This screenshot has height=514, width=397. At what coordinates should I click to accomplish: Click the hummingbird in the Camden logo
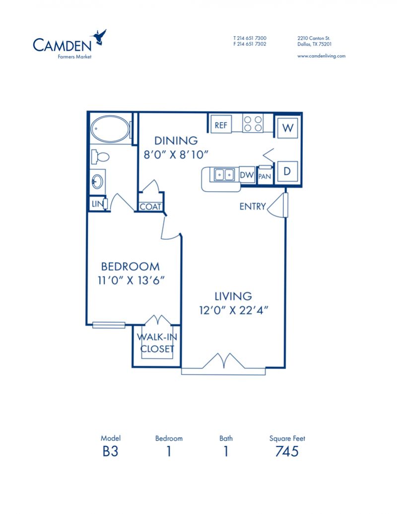(x=99, y=37)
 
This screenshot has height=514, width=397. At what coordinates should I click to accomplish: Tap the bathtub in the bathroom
(x=110, y=129)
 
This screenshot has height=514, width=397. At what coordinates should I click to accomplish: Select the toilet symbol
(x=100, y=156)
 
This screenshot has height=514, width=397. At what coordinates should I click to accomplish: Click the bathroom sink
(x=98, y=181)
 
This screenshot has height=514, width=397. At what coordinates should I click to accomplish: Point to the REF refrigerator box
(x=221, y=125)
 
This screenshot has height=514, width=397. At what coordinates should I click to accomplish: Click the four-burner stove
(x=253, y=124)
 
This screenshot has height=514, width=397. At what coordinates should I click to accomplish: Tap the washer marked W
(x=288, y=128)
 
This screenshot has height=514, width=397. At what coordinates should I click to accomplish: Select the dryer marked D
(x=287, y=171)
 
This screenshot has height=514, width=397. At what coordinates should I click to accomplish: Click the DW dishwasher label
(x=247, y=175)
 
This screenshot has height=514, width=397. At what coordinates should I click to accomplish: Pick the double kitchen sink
(x=224, y=174)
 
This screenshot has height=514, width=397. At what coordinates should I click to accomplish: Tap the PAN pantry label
(x=265, y=176)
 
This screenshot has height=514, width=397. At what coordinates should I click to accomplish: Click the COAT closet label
(x=150, y=207)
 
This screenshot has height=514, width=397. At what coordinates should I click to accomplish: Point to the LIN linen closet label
(x=97, y=204)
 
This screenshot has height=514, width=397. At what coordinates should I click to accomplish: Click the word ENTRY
(x=253, y=207)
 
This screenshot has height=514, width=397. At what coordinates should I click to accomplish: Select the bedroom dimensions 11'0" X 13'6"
(x=131, y=280)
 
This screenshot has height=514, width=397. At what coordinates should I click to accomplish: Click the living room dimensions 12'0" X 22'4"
(x=234, y=310)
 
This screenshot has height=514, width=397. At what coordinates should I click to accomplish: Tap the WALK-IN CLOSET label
(x=157, y=343)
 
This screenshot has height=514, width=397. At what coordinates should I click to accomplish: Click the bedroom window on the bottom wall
(x=109, y=325)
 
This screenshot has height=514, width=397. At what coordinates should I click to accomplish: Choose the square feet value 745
(x=287, y=451)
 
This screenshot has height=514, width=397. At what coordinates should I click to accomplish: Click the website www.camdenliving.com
(x=322, y=56)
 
